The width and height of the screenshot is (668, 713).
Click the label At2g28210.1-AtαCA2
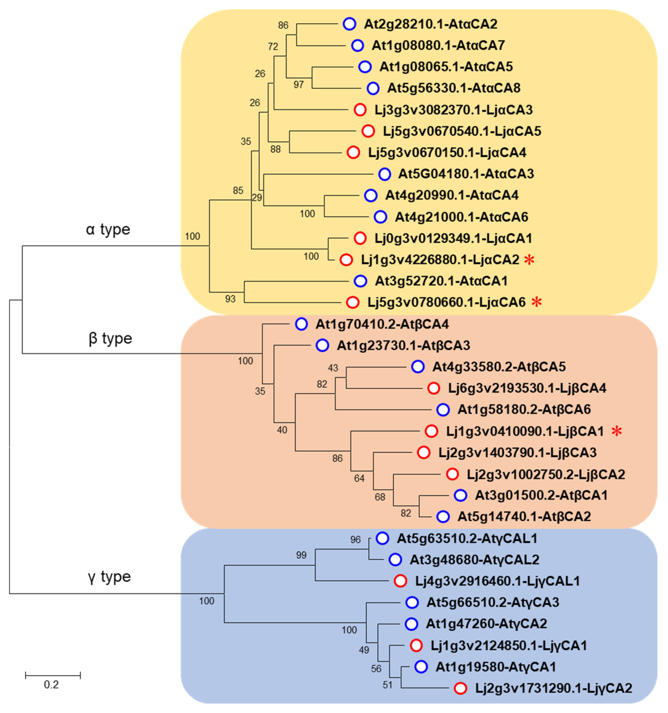tap(430, 24)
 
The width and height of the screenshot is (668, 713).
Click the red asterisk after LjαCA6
tap(537, 302)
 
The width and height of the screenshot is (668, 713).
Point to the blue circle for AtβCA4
tap(301, 324)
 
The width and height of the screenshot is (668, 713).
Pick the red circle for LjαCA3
tap(360, 110)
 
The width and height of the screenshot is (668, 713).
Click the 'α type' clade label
tap(108, 229)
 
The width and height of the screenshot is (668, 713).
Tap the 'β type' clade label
tap(110, 338)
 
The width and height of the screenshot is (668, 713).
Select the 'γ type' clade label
tap(109, 577)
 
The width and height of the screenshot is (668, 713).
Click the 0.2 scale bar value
tap(51, 685)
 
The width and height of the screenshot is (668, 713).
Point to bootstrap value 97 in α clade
tap(298, 85)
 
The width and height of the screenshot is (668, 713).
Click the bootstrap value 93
tap(230, 298)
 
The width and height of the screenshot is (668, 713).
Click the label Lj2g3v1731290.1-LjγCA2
tap(553, 688)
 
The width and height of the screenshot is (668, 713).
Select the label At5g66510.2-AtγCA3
tap(492, 602)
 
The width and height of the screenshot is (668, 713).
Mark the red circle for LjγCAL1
tap(400, 581)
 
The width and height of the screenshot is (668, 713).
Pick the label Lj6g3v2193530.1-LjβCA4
tap(527, 388)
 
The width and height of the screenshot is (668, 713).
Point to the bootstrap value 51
tap(387, 685)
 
